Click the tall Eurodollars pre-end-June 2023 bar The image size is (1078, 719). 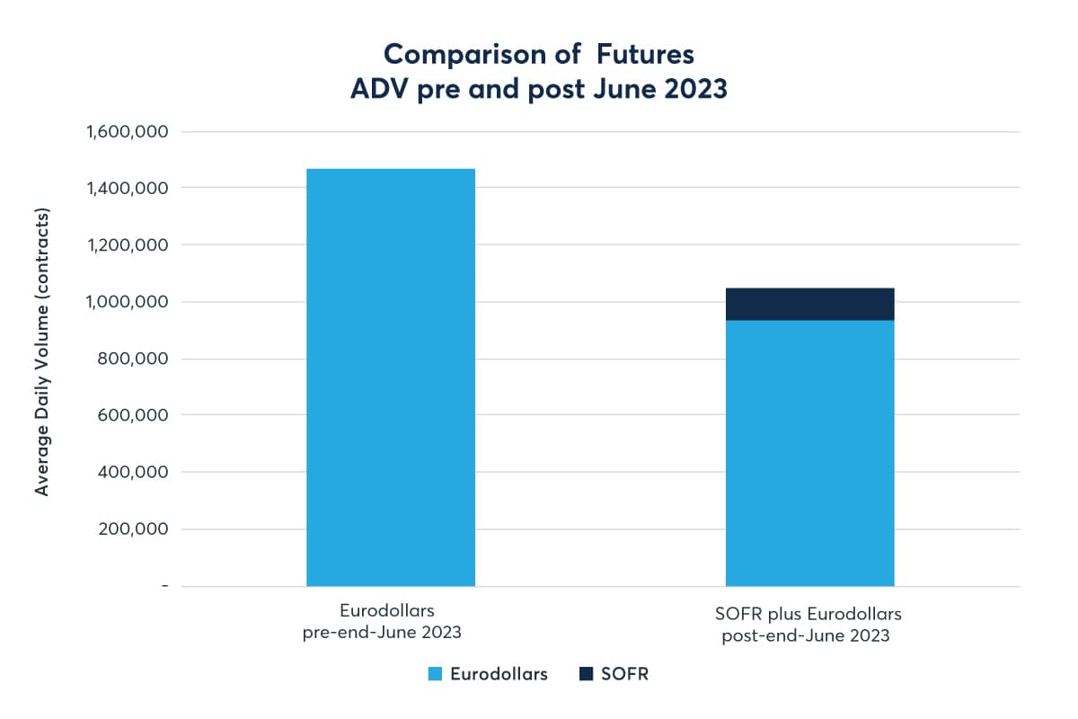click(390, 377)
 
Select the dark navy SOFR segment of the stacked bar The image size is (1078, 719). click(809, 305)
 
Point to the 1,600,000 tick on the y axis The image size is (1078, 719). click(127, 131)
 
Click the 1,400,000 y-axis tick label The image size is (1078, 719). click(127, 188)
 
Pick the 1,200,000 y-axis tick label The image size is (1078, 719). click(127, 244)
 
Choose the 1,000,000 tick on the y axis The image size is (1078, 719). click(127, 302)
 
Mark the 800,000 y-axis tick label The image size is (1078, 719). click(132, 359)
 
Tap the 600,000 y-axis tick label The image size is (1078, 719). click(132, 415)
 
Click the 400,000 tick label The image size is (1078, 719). click(132, 472)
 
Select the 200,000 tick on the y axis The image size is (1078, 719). click(132, 528)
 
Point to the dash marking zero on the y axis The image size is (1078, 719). click(164, 586)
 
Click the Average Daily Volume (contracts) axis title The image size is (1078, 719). click(42, 351)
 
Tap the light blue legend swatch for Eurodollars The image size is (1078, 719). click(437, 674)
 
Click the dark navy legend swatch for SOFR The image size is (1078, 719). click(587, 674)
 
